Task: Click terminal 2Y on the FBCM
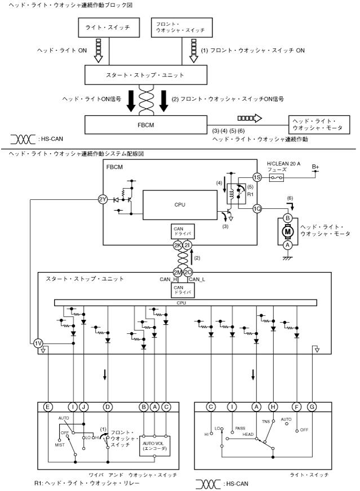click(102, 199)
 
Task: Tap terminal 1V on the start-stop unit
click(38, 343)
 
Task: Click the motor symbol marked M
click(287, 230)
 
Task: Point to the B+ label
click(315, 167)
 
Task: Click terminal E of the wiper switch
click(48, 407)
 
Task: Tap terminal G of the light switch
click(312, 407)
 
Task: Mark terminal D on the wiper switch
click(107, 407)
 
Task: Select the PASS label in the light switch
click(241, 428)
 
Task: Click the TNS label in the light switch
click(266, 421)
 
